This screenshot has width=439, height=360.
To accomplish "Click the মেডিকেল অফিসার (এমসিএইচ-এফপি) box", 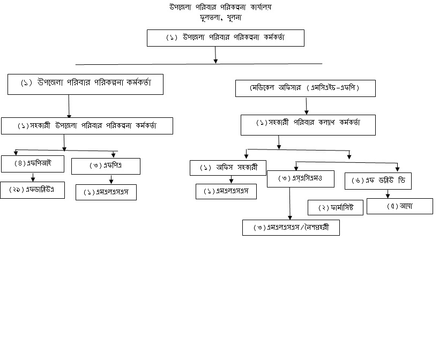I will (x=306, y=88).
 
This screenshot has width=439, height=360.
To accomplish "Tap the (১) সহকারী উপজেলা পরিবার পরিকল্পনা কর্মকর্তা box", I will (x=87, y=125).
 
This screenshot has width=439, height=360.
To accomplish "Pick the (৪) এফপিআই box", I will (x=33, y=163).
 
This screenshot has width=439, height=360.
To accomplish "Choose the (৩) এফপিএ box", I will (x=106, y=166).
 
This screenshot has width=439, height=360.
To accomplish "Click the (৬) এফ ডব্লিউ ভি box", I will (x=378, y=181).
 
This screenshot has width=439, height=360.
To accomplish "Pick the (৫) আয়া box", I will (x=399, y=206).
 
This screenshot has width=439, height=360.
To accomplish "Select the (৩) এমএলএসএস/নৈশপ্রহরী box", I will (x=291, y=227).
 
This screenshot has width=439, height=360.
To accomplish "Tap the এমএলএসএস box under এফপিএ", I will (x=106, y=192).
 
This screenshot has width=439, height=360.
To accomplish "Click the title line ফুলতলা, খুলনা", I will (x=220, y=17).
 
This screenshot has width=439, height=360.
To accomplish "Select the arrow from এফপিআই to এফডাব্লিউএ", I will (x=33, y=177).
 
